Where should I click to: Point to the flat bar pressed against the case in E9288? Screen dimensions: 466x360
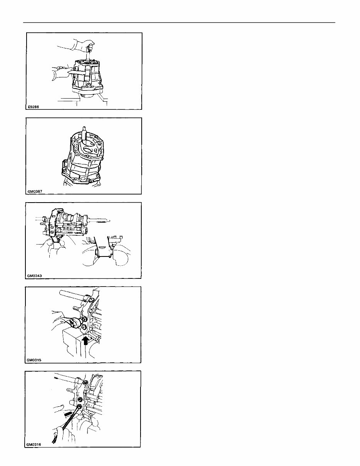pyautogui.click(x=77, y=72)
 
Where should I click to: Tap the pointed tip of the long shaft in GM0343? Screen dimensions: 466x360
pyautogui.click(x=109, y=221)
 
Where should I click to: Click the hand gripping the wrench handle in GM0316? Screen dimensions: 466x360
pyautogui.click(x=64, y=435)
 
